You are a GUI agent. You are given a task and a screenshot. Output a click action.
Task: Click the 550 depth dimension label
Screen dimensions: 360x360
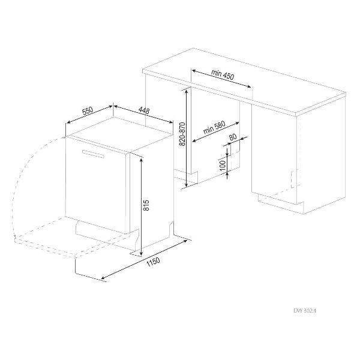(88, 110)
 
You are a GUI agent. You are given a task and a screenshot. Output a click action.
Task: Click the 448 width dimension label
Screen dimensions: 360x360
(144, 110)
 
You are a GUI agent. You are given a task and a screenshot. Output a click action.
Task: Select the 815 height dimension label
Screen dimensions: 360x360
(146, 205)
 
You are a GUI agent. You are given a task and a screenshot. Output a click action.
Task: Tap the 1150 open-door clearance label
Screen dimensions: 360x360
(153, 262)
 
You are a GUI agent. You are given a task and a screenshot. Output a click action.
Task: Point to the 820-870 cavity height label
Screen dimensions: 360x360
(182, 134)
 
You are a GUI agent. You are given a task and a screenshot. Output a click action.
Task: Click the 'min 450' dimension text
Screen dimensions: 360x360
(223, 74)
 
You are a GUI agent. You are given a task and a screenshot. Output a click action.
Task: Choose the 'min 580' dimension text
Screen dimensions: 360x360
(214, 128)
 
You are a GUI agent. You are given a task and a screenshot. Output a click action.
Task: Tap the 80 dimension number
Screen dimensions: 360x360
(233, 137)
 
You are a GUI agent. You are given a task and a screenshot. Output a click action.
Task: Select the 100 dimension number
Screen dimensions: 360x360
(223, 166)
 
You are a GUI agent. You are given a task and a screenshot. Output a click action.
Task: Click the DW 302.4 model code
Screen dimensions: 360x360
(305, 311)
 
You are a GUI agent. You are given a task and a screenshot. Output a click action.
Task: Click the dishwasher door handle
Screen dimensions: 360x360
(93, 154)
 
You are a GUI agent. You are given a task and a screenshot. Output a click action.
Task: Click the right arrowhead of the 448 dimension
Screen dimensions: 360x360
(170, 122)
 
